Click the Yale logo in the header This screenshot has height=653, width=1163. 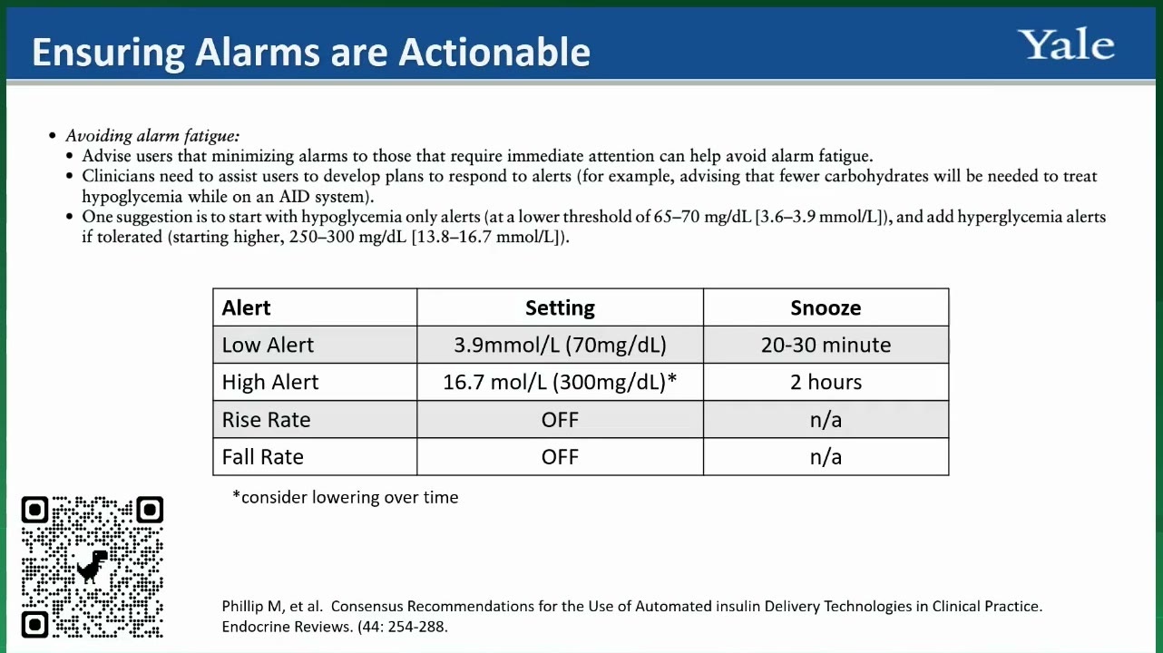click(x=1065, y=44)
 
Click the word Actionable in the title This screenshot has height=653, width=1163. click(x=494, y=52)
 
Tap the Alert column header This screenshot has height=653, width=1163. click(x=246, y=307)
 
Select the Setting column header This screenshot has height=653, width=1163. click(x=560, y=308)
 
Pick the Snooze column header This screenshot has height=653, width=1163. click(x=826, y=307)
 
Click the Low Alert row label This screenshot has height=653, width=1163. click(x=268, y=345)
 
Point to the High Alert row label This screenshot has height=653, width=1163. click(x=269, y=382)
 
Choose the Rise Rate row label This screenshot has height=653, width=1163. click(x=266, y=419)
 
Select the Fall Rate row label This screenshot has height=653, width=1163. click(x=262, y=457)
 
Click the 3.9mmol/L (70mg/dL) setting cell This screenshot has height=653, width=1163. click(x=560, y=346)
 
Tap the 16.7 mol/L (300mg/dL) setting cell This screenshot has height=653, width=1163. click(x=560, y=383)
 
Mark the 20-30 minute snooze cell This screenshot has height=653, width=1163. click(x=826, y=345)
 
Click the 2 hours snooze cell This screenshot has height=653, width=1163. click(x=826, y=382)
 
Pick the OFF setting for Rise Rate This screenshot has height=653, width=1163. click(x=560, y=419)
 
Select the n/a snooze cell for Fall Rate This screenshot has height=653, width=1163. click(x=826, y=457)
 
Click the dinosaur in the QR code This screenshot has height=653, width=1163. click(x=93, y=567)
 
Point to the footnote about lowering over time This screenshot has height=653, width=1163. click(x=346, y=497)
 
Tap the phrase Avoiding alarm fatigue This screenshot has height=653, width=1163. click(x=152, y=136)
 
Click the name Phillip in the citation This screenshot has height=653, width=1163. click(x=243, y=606)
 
